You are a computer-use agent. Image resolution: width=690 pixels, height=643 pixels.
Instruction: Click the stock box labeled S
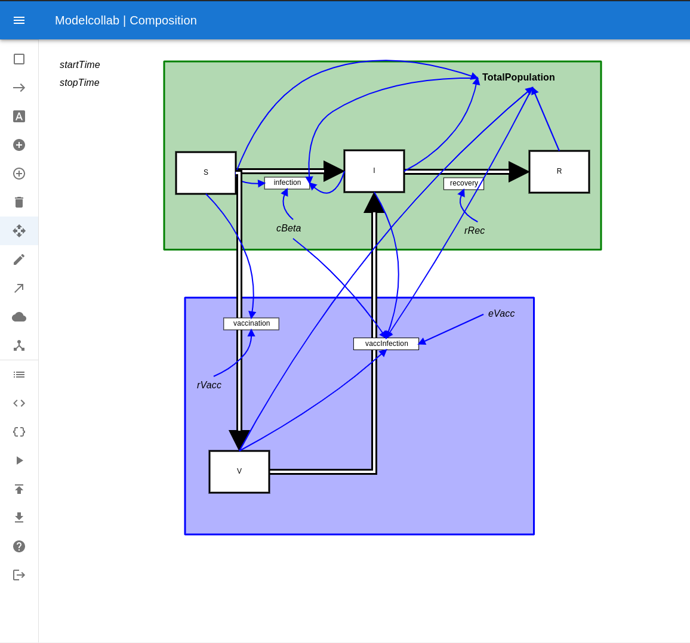(x=206, y=173)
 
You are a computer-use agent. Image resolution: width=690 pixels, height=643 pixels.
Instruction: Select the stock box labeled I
(x=374, y=171)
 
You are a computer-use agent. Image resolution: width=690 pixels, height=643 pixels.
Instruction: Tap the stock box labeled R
(x=559, y=172)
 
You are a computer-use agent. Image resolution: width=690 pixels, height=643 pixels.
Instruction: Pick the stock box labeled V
(x=239, y=471)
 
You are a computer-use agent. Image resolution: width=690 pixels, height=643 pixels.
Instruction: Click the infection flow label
(x=287, y=183)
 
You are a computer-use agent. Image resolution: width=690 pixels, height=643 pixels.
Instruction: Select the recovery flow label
(x=464, y=183)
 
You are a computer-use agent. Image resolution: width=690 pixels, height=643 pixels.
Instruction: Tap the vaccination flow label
(x=251, y=324)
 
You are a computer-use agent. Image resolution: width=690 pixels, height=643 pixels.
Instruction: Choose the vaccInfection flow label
(x=386, y=344)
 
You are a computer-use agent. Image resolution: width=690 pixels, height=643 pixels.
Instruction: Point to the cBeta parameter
(x=289, y=228)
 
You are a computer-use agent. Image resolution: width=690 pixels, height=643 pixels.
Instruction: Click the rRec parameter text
(x=475, y=230)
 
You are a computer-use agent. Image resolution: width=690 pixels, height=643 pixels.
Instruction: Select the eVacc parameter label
(x=501, y=314)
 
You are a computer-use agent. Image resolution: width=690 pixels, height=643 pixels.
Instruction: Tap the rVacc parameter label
(x=209, y=385)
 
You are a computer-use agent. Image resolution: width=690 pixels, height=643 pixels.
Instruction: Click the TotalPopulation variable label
(x=518, y=78)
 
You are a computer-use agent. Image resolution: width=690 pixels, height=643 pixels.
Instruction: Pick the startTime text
(x=79, y=64)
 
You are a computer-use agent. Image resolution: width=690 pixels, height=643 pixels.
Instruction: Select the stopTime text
(x=79, y=83)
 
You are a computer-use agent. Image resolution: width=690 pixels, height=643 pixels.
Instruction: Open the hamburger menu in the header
(x=19, y=20)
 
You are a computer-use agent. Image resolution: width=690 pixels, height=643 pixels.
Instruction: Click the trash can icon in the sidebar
(x=19, y=202)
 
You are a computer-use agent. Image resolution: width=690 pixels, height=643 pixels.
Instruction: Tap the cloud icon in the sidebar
(x=19, y=317)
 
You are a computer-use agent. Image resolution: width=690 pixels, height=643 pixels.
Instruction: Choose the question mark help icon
(x=19, y=546)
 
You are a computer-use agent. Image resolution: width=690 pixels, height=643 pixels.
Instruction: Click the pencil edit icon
(x=19, y=259)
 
